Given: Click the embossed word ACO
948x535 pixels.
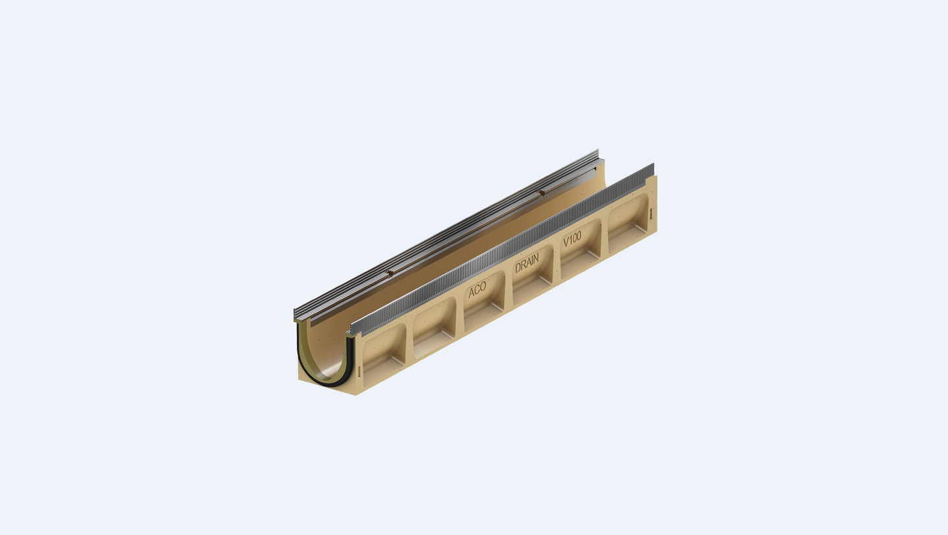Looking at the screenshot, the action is point(477,290).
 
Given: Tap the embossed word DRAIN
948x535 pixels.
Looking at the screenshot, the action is point(527,263).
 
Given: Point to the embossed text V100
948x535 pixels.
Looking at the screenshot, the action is point(572,239).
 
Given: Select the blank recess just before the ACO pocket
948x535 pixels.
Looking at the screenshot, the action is point(434,328).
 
